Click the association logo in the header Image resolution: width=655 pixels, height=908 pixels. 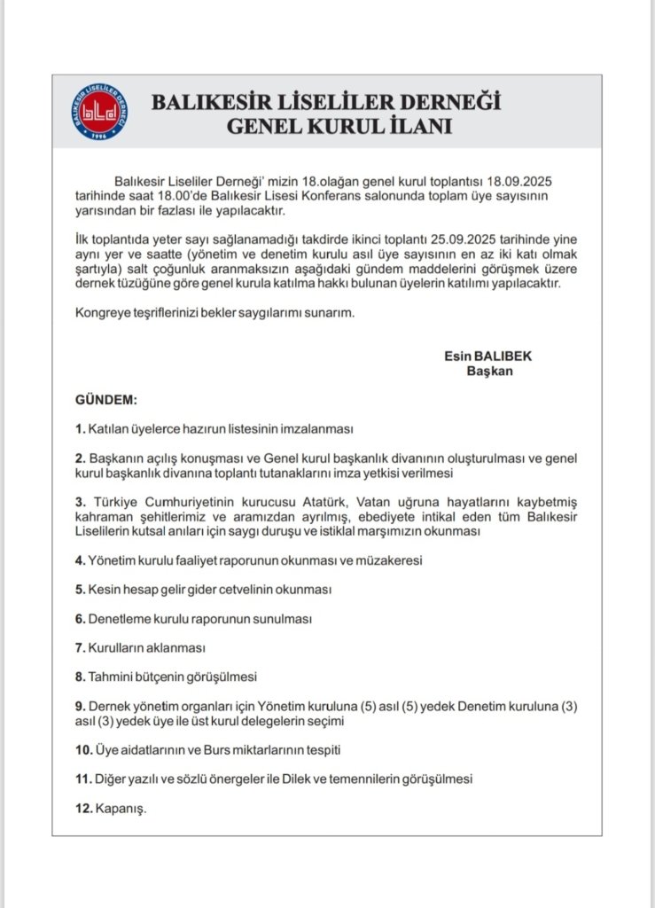[x=99, y=112]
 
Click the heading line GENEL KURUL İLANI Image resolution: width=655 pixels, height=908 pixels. [x=339, y=126]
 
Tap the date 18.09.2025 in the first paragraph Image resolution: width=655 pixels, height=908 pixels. [x=532, y=181]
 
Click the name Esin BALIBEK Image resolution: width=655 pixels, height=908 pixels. [x=488, y=356]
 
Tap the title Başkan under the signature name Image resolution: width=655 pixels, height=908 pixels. [x=489, y=371]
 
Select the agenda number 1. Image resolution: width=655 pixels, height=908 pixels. [x=80, y=428]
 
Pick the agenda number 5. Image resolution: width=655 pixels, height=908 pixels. [x=80, y=589]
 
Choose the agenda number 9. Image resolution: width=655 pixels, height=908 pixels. [x=80, y=706]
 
